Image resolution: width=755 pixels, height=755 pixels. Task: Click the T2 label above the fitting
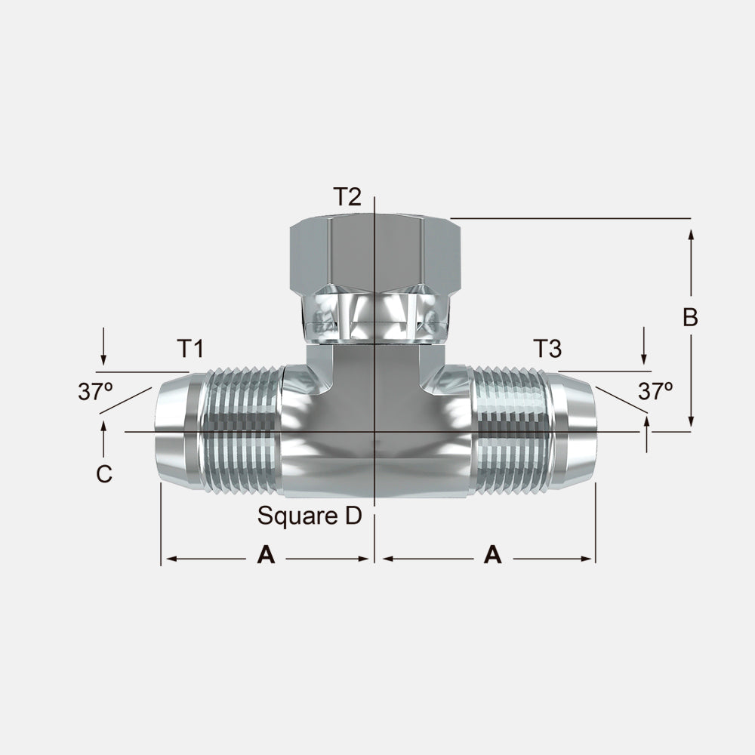pos(347,197)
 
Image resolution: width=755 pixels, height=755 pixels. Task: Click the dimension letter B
pos(690,318)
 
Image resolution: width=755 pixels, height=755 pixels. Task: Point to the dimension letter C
pos(104,474)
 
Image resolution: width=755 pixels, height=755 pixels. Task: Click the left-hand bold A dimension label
pos(266,556)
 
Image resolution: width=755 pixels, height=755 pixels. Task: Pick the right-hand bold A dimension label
pos(492,556)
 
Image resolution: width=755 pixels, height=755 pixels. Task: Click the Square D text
pos(310,516)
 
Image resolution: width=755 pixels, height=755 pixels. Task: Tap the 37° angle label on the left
pos(95,391)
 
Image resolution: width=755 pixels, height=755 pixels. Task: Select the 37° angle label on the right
pos(655,391)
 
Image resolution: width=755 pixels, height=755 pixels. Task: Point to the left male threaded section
pos(242,430)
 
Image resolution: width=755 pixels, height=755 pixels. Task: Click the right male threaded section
pos(510,430)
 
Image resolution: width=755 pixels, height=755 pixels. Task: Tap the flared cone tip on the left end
pos(175,430)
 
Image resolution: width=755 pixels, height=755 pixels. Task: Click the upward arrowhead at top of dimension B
pos(691,236)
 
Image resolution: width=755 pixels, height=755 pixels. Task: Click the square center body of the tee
pos(374,445)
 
